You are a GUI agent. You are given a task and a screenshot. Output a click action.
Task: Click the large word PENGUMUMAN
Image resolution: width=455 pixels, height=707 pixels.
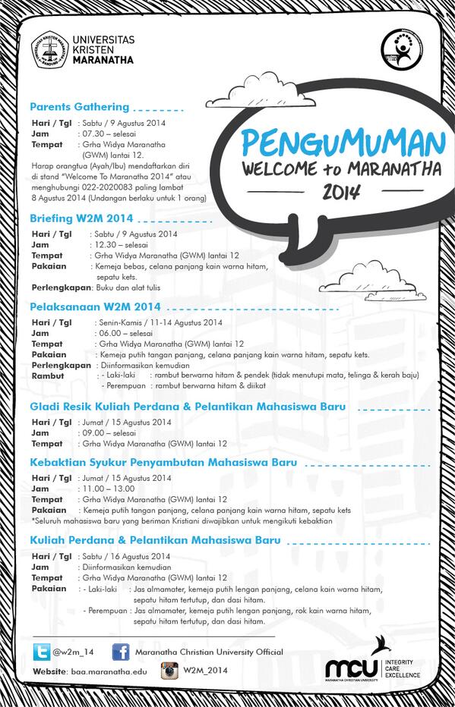coord(343,143)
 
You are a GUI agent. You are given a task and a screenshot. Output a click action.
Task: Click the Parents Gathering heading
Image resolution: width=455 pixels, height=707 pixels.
coord(80,107)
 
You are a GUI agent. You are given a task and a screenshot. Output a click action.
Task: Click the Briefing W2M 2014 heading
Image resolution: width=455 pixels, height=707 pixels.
coord(81,218)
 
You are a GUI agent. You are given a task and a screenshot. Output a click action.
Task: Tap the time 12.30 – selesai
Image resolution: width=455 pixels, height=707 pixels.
coord(121,245)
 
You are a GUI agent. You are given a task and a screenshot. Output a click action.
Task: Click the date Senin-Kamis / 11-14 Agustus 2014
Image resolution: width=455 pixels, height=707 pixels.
coord(160,322)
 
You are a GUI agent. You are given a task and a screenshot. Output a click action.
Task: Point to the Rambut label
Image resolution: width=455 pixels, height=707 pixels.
coord(48,375)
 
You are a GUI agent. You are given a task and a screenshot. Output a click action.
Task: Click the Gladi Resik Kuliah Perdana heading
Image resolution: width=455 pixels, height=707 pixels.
coord(188,407)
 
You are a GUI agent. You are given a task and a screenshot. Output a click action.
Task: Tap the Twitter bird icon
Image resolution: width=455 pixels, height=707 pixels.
coord(41,652)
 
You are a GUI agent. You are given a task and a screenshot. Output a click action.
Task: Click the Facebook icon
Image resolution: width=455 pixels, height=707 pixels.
coord(120,652)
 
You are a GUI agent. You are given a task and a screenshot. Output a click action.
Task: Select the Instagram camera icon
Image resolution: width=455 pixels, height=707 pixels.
coord(169,671)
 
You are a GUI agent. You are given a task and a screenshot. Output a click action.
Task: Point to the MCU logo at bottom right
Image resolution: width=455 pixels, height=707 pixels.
coord(351,668)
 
